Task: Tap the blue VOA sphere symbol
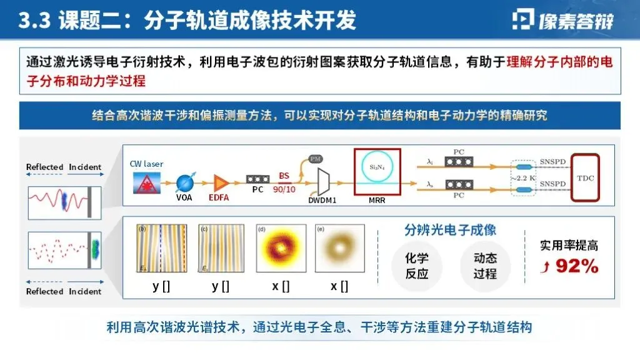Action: click(x=185, y=182)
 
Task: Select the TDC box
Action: click(x=586, y=177)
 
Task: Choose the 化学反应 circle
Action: click(x=417, y=266)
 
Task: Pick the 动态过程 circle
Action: click(x=485, y=266)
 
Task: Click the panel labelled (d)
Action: click(x=280, y=249)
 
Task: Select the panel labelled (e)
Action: click(x=339, y=249)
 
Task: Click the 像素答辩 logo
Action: click(x=562, y=20)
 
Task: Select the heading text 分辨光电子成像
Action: click(x=451, y=229)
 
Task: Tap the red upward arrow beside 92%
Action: click(x=547, y=268)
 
